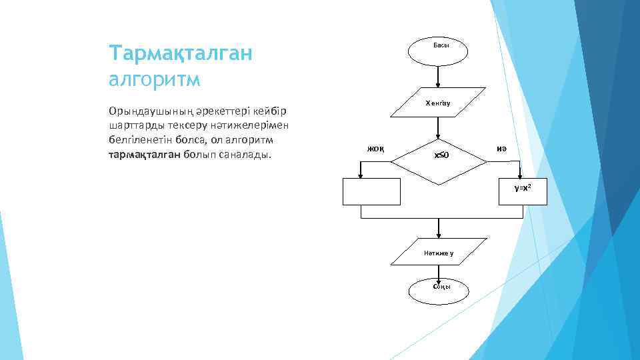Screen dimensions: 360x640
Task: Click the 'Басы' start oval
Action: click(438, 52)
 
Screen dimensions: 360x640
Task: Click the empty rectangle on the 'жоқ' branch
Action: click(371, 191)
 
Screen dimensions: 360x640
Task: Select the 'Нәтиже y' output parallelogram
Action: click(438, 253)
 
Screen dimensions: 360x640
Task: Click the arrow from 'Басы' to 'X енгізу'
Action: click(438, 76)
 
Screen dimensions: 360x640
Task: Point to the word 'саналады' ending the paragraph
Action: click(246, 155)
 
